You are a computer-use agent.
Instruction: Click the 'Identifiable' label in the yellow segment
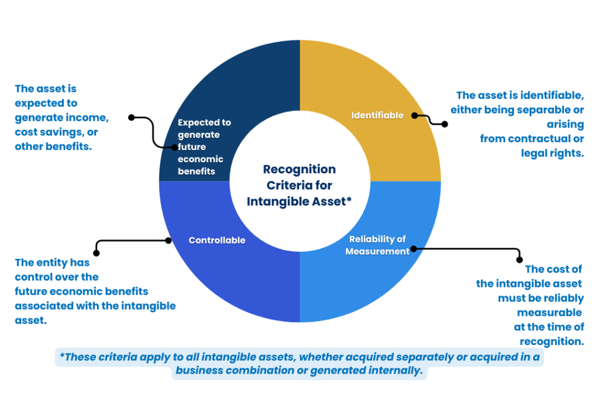click(x=377, y=115)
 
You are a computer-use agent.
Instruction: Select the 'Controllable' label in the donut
click(x=217, y=240)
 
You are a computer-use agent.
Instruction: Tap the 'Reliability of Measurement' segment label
click(x=377, y=245)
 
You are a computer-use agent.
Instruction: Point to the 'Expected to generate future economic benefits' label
click(x=204, y=147)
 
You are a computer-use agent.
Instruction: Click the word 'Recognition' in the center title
click(x=299, y=169)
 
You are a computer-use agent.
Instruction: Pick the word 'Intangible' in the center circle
click(x=276, y=201)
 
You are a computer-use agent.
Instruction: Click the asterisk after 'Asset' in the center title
click(x=349, y=200)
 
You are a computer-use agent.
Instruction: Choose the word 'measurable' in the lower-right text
click(x=549, y=312)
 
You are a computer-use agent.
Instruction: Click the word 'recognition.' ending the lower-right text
click(x=552, y=341)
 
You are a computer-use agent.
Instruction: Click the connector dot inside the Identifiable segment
click(x=415, y=116)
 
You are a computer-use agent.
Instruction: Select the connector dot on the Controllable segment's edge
click(x=168, y=240)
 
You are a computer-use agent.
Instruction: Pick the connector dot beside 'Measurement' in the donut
click(x=414, y=249)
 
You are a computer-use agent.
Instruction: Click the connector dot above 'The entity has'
click(x=97, y=254)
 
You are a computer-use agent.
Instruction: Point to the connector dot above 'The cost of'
click(x=519, y=259)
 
